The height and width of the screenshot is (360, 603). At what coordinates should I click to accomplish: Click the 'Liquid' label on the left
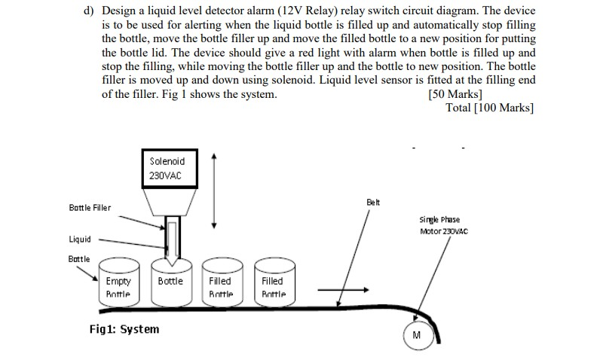pos(80,239)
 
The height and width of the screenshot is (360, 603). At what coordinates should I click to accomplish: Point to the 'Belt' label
pos(374,203)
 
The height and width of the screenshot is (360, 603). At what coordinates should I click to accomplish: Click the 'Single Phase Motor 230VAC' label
pos(443,225)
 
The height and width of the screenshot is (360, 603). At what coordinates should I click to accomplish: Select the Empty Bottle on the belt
pos(118,286)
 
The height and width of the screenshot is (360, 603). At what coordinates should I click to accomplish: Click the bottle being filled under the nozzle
pos(170,285)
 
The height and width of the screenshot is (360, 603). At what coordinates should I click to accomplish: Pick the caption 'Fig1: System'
pos(124,329)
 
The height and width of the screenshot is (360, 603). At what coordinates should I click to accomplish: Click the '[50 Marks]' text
pos(455,94)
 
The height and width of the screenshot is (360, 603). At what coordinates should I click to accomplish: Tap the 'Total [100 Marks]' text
pos(490,108)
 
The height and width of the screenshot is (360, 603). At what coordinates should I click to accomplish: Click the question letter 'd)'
pos(88,12)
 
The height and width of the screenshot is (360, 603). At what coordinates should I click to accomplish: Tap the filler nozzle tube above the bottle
pos(172,239)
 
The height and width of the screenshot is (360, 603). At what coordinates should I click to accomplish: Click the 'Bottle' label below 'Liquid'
pos(79,258)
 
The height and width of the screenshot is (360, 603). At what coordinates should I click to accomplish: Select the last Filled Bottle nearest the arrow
pos(273,286)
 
